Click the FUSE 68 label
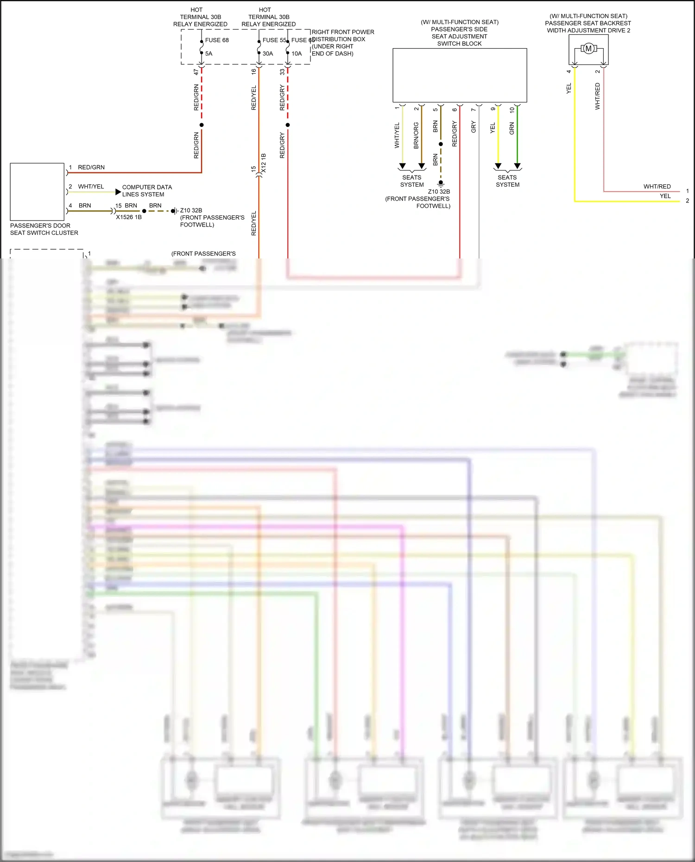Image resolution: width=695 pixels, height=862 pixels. [x=217, y=40]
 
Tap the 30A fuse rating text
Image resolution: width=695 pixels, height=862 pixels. [x=268, y=54]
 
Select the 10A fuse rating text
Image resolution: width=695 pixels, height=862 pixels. [x=297, y=54]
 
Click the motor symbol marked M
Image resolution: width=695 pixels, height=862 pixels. [x=588, y=49]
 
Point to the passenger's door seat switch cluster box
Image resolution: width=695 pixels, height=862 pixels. [x=37, y=192]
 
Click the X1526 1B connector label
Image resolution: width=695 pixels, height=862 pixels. [x=129, y=217]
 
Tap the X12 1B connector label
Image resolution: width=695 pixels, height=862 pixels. [x=264, y=163]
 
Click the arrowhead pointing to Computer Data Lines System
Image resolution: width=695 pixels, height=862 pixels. [x=118, y=192]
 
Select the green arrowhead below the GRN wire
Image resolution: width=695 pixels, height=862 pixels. [x=518, y=166]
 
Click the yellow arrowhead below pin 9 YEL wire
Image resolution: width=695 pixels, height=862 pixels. [x=498, y=166]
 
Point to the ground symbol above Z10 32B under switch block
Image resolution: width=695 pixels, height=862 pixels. [x=441, y=183]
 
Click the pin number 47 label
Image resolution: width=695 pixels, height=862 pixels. [x=196, y=72]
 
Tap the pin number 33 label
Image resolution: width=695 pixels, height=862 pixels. [x=282, y=72]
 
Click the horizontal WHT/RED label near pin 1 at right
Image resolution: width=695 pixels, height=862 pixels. [x=657, y=187]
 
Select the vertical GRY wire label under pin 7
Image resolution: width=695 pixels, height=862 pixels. [x=474, y=127]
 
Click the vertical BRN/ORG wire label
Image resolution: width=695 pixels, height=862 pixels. [x=416, y=135]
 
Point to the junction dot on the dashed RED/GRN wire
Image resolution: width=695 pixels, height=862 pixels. [x=202, y=125]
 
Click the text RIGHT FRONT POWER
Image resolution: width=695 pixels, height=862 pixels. [x=343, y=32]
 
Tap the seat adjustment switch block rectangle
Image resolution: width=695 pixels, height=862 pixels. [x=460, y=75]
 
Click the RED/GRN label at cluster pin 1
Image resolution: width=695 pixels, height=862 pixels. [x=91, y=168]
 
